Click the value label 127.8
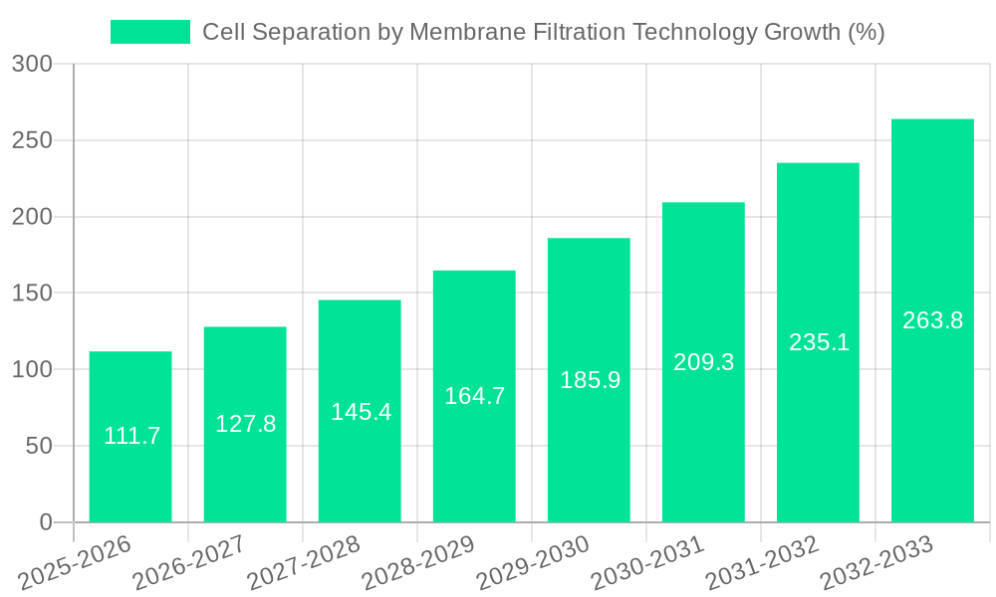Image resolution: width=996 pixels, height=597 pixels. [245, 424]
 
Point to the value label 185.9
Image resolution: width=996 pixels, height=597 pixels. [590, 380]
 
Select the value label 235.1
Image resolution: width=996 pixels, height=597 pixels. [819, 342]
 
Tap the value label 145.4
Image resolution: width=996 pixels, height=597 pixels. [361, 412]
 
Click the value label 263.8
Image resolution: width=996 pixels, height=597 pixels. [932, 320]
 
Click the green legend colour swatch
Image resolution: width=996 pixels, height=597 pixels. [149, 32]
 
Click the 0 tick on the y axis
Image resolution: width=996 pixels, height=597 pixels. [46, 522]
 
